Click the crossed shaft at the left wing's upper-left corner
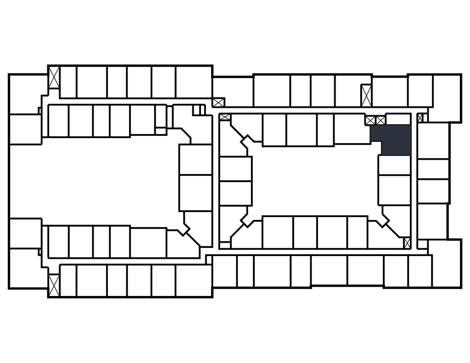54,78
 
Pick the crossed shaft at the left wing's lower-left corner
54,285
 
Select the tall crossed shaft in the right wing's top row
366,95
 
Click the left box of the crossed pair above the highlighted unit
370,120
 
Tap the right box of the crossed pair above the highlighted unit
380,120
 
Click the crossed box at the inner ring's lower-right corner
407,242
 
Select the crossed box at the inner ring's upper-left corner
225,117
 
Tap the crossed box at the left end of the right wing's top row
218,102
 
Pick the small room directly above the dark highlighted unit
398,119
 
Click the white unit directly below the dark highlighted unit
394,165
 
